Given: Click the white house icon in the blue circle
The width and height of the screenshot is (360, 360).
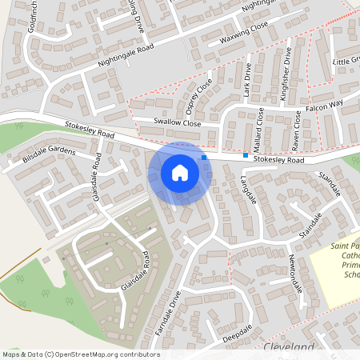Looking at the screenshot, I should [x=180, y=173].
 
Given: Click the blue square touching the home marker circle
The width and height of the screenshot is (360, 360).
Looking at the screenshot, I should [x=205, y=158].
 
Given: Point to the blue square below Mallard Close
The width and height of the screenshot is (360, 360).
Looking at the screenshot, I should [x=246, y=155].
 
